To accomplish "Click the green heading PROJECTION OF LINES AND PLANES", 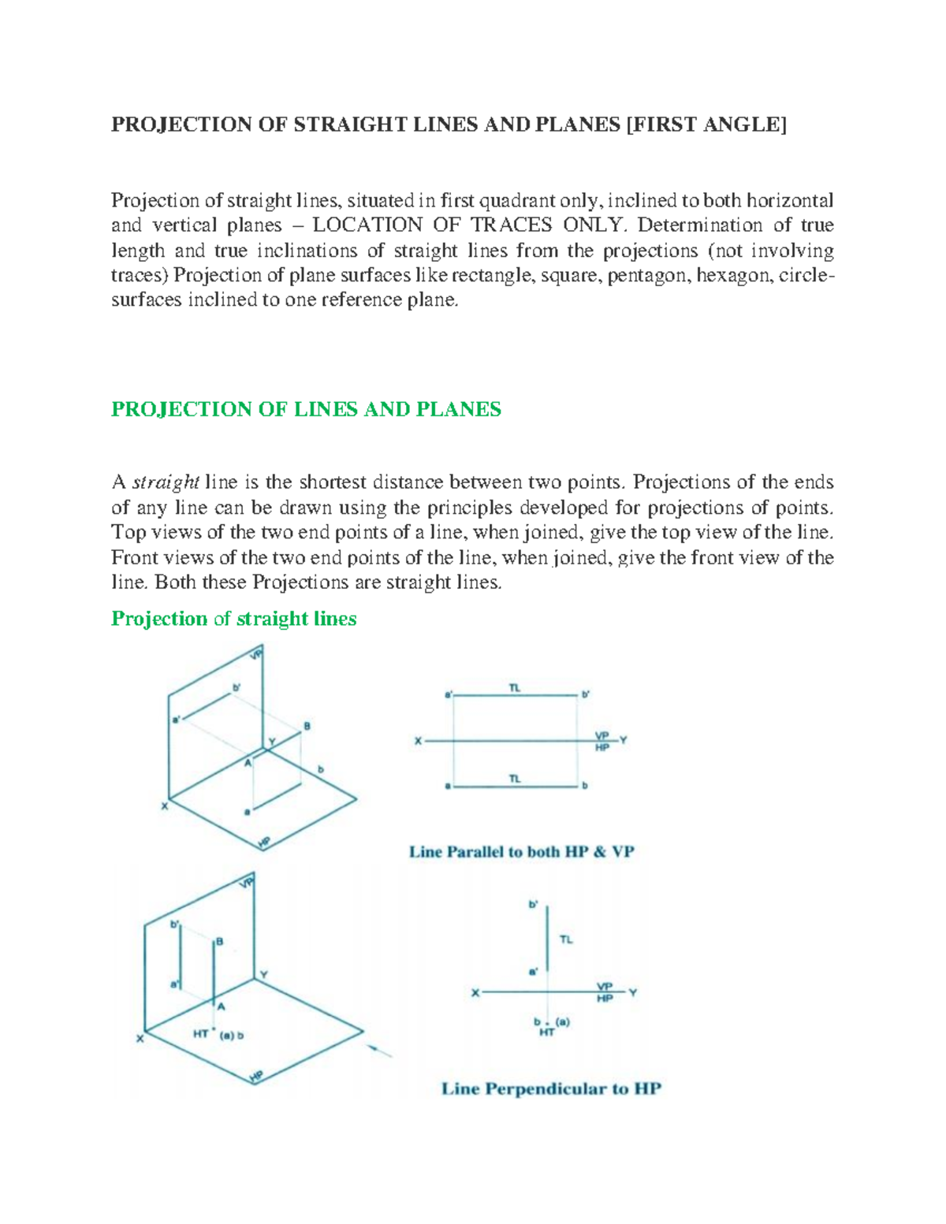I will click(306, 409).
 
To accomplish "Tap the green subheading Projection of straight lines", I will click(233, 619).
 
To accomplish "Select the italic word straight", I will click(165, 482).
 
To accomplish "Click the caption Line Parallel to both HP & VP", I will click(521, 852).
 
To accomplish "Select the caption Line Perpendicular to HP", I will click(550, 1089).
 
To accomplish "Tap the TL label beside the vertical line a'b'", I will click(566, 939).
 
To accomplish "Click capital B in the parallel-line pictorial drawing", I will click(307, 726).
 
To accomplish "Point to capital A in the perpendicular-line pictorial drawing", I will click(222, 1006).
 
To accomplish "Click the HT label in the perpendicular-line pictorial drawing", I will click(201, 1034).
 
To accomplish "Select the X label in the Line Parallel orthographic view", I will click(419, 741).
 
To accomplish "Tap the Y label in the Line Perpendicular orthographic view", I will click(632, 993).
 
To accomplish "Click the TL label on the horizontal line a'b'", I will click(515, 688).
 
